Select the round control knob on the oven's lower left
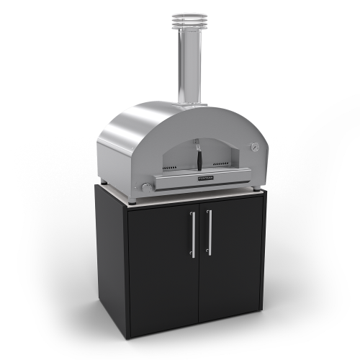pos(147,189)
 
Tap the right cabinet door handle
pos(209,232)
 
